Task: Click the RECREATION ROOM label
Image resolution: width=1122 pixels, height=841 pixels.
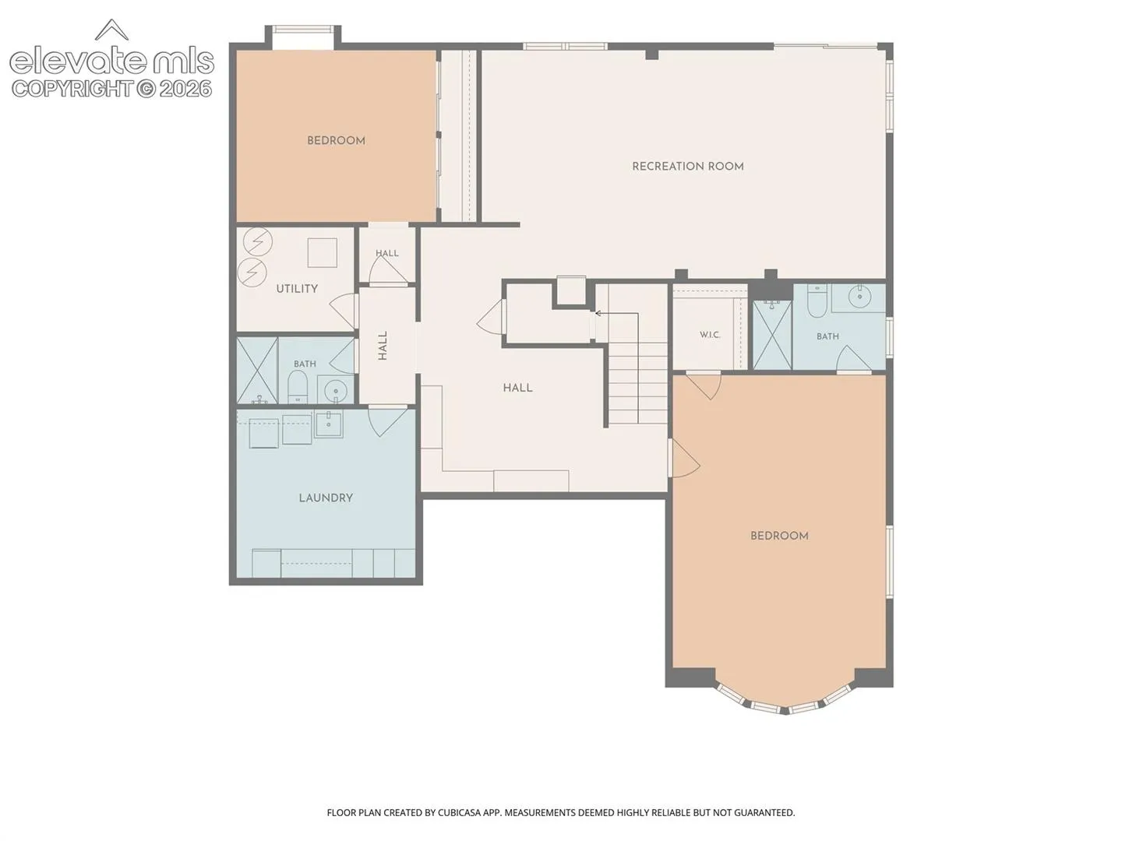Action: coord(687,167)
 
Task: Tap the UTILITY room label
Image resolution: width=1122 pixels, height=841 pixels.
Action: coord(297,288)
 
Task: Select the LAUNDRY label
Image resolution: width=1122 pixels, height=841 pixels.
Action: coord(326,498)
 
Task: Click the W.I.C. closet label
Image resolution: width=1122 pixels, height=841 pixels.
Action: coord(710,335)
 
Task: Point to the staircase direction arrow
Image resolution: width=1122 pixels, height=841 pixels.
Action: coord(617,314)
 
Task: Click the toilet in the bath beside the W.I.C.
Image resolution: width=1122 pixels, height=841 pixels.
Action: coord(815,301)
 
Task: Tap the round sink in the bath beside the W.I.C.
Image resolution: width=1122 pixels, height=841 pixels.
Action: coord(859,295)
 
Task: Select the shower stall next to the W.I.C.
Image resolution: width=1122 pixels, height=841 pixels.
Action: coord(772,335)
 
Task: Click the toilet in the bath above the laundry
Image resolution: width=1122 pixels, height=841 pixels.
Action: coord(297,387)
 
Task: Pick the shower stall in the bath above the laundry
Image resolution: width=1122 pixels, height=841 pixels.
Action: coord(257,370)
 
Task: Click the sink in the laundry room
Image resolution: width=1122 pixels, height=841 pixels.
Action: coord(329,424)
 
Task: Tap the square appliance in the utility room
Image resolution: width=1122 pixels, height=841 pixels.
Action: coord(322,252)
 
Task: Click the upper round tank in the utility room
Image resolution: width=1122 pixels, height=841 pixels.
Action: coord(258,242)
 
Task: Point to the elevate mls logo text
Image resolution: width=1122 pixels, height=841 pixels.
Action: coord(111,62)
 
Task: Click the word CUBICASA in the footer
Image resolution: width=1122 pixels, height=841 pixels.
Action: coord(460,812)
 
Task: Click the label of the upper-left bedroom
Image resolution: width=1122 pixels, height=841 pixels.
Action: coord(336,141)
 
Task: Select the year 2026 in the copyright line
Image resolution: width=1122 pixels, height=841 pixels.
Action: coord(185,89)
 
